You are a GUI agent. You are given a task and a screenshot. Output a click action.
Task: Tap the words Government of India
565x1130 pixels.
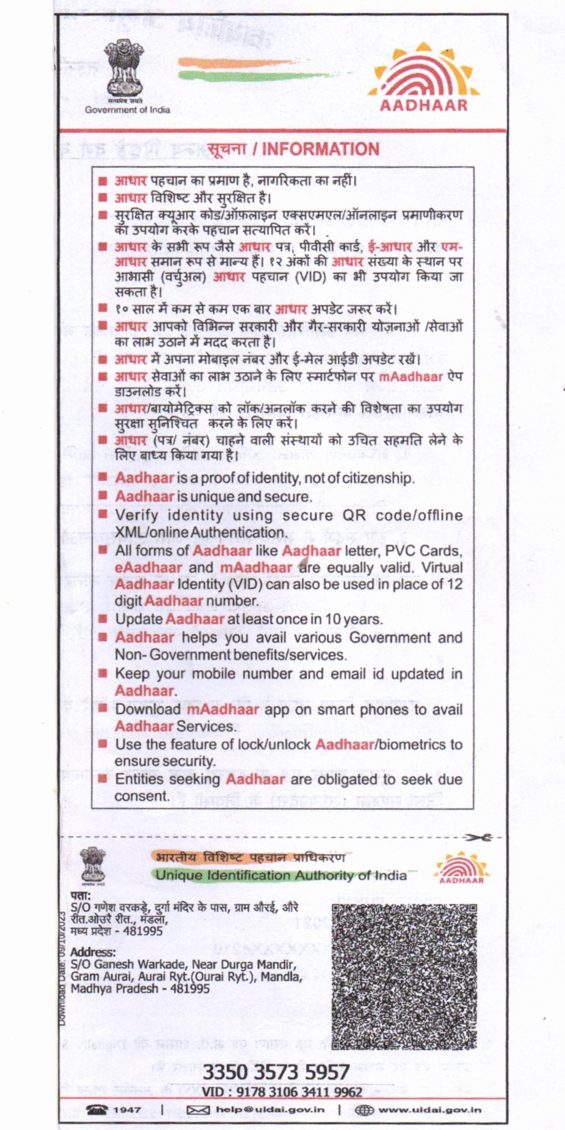127,110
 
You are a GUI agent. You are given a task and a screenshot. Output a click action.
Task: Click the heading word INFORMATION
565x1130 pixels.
321,149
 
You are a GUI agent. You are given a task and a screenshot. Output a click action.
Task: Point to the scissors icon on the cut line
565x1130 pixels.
477,837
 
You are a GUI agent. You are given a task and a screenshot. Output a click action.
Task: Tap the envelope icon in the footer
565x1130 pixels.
199,1110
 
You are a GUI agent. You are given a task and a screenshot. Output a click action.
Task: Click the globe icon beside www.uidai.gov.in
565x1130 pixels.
364,1110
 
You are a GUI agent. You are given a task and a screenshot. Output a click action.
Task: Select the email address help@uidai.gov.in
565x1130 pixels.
270,1110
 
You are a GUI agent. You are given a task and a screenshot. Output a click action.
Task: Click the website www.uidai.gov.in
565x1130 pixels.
430,1110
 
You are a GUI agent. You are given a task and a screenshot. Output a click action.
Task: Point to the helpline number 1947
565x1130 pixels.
127,1110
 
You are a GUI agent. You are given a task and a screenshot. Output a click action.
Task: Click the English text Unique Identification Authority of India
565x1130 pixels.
281,876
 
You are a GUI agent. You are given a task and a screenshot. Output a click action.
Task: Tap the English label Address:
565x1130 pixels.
93,953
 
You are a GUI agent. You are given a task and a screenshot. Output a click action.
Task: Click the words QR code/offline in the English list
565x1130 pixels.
403,516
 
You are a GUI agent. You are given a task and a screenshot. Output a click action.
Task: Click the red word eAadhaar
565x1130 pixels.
148,568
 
